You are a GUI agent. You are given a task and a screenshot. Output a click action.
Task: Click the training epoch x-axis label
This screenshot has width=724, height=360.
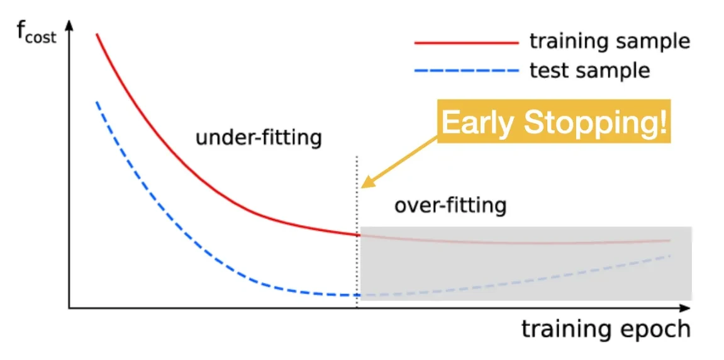coord(606,330)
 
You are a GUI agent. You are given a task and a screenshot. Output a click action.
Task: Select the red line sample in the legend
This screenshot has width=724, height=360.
coord(467,43)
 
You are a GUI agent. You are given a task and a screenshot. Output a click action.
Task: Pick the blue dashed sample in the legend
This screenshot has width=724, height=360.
coord(467,72)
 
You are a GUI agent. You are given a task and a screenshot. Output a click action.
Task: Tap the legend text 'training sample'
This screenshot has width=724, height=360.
coord(610,42)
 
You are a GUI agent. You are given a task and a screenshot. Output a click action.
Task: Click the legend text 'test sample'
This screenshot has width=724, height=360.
coord(589,70)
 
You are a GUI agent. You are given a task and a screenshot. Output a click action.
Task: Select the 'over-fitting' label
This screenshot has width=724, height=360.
coord(450,205)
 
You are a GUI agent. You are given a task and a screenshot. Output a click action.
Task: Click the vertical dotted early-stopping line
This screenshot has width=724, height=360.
coord(357,232)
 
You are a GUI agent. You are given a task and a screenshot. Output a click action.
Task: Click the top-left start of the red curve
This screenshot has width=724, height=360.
coord(96,34)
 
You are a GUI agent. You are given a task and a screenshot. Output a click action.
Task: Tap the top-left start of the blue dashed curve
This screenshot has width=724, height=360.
coord(96,101)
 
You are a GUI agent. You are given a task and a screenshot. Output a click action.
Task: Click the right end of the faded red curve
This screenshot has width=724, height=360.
coord(669,240)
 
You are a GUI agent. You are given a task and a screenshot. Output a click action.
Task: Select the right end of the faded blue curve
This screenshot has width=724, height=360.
coord(669,255)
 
